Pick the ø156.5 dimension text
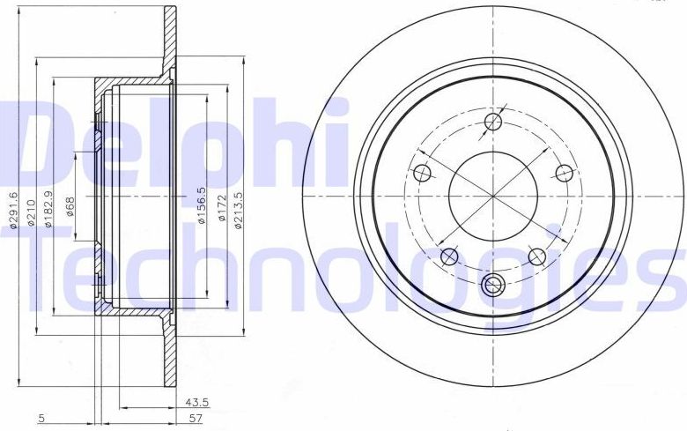coord(201,204)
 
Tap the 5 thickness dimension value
coord(41,420)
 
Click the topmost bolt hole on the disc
coord(493,121)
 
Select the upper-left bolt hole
coord(422,172)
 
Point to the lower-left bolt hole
coord(449,256)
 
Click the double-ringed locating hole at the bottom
coord(493,284)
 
